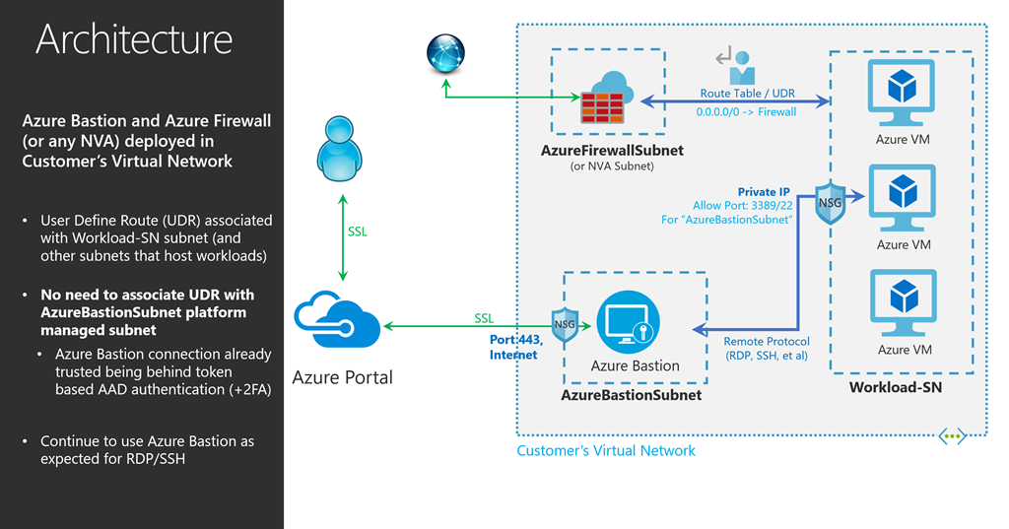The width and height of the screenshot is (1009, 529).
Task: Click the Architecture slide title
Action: point(134,39)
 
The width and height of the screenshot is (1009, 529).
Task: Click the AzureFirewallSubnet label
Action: point(612,151)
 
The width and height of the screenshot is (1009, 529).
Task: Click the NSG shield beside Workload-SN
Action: point(830,202)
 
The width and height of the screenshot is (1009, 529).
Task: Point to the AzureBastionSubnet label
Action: point(631,395)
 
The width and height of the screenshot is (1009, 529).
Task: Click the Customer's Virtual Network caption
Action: point(606,450)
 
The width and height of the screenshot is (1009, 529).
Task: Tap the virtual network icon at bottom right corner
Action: point(952,434)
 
